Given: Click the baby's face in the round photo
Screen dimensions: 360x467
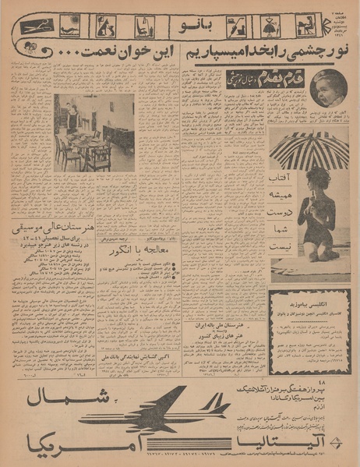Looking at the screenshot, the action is [327, 87].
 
